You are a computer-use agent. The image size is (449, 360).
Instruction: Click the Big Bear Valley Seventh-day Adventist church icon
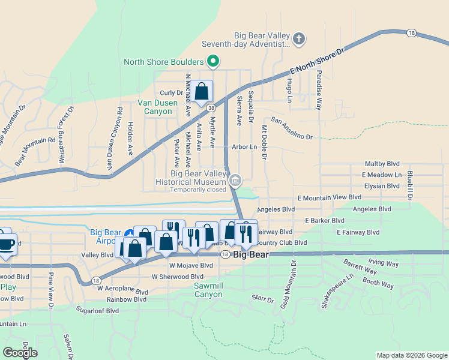[299, 40]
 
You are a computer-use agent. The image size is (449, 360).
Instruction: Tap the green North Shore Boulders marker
[212, 61]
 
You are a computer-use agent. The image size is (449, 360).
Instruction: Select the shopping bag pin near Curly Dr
[202, 92]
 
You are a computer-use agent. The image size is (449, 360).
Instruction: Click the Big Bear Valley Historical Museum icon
[235, 180]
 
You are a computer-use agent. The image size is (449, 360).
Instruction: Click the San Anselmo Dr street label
[292, 128]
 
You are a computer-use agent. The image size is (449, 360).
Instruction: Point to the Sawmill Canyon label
[208, 290]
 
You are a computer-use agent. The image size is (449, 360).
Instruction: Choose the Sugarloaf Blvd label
[97, 310]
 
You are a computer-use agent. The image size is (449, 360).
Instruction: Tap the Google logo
[20, 352]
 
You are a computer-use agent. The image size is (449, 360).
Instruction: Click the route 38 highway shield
[211, 108]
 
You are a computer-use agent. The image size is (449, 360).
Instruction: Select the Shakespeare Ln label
[337, 291]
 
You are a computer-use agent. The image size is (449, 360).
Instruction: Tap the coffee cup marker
[6, 244]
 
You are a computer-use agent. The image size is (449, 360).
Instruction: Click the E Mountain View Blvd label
[330, 197]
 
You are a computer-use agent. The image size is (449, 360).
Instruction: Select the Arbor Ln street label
[244, 146]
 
